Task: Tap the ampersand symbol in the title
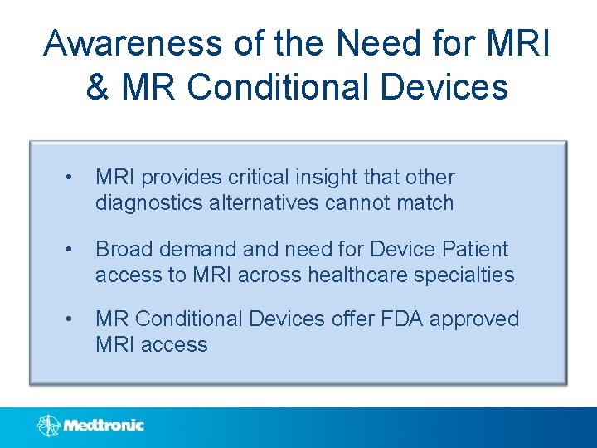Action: pyautogui.click(x=97, y=87)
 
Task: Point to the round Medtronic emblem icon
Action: pyautogui.click(x=48, y=426)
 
